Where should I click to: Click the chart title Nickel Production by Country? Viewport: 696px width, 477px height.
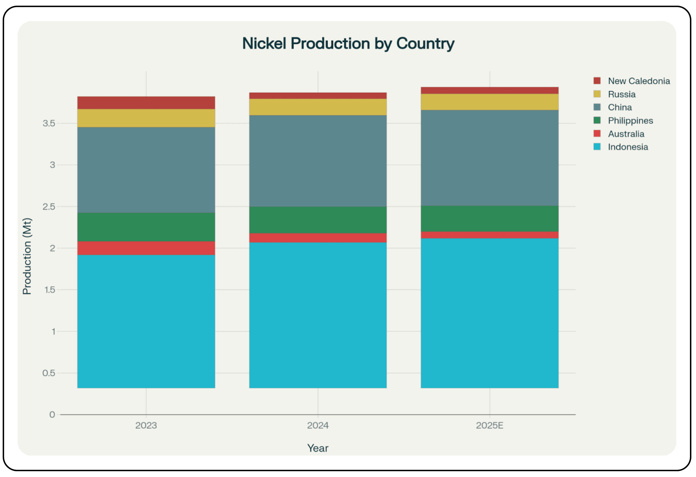click(x=348, y=44)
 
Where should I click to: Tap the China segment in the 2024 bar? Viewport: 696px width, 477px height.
click(x=318, y=161)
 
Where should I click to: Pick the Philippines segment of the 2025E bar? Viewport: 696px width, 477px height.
click(x=489, y=219)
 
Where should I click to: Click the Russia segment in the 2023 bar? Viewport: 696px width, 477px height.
click(x=146, y=118)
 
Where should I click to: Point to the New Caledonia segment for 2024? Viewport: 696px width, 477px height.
click(x=318, y=96)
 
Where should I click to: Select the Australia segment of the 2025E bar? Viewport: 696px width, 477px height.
click(x=489, y=235)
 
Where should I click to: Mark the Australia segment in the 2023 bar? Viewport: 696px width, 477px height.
click(x=146, y=248)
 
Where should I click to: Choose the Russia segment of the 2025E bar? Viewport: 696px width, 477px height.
click(x=489, y=102)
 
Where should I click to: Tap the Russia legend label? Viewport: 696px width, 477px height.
click(x=621, y=94)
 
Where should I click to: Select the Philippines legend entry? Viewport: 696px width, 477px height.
click(x=630, y=121)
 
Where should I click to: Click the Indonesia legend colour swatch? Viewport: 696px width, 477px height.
click(x=597, y=147)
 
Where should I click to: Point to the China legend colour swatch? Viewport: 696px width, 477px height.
click(x=597, y=107)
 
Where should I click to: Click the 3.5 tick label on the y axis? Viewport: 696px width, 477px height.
click(x=49, y=123)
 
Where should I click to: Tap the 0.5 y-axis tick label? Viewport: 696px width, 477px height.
click(x=49, y=373)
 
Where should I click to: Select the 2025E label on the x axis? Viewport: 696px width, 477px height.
click(x=489, y=425)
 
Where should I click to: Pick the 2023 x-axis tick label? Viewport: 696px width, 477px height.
click(x=146, y=425)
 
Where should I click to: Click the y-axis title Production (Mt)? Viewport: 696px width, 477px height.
click(x=27, y=256)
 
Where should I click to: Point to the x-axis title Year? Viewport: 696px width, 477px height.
click(x=318, y=448)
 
